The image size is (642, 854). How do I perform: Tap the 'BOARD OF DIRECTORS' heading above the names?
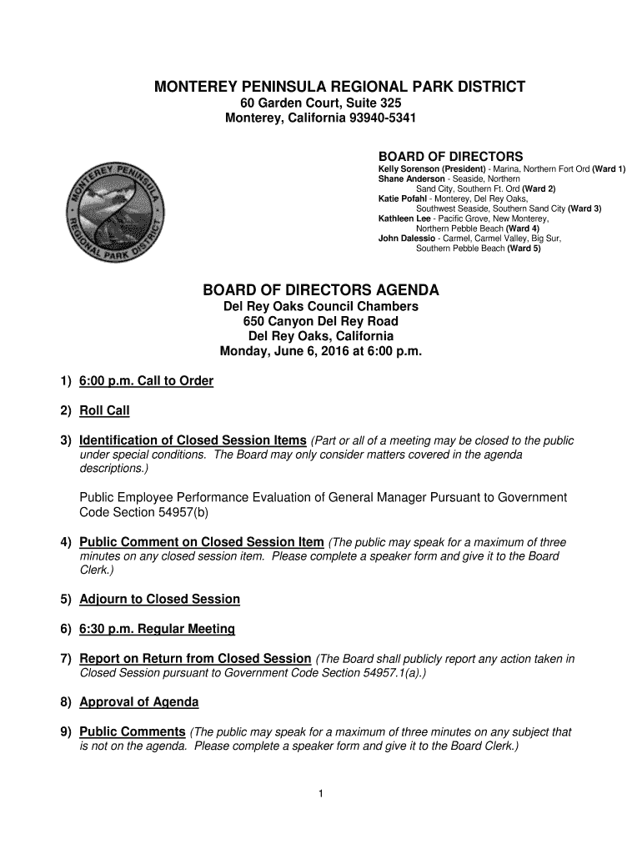click(x=450, y=157)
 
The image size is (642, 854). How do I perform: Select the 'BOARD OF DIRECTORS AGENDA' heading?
click(x=321, y=290)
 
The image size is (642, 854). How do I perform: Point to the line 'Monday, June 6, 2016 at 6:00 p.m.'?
click(x=321, y=351)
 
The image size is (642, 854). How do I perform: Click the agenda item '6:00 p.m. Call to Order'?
click(x=146, y=381)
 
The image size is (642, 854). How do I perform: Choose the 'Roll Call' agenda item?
click(x=104, y=410)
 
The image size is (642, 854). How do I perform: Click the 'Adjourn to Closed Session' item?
click(x=159, y=599)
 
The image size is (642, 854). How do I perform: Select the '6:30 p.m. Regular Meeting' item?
click(x=157, y=629)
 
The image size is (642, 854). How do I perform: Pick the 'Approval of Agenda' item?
click(x=138, y=702)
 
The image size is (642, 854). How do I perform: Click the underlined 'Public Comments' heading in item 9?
click(x=132, y=731)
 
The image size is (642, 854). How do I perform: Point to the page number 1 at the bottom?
click(x=320, y=792)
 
